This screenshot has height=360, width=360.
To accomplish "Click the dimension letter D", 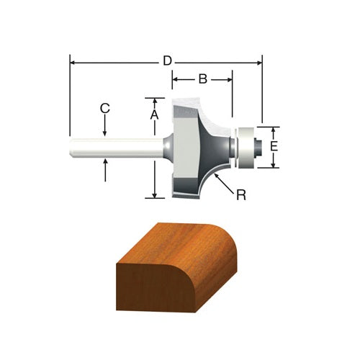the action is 167,61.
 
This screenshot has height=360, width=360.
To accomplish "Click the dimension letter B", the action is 203,78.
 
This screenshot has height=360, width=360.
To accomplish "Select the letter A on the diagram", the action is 155,114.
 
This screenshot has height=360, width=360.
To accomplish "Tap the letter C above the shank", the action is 105,108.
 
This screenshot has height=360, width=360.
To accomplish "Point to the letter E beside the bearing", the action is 274,146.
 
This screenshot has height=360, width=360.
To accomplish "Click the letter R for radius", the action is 241,195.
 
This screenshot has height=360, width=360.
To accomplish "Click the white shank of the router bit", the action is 117,148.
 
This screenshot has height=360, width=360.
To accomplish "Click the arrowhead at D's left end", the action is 72,63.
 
